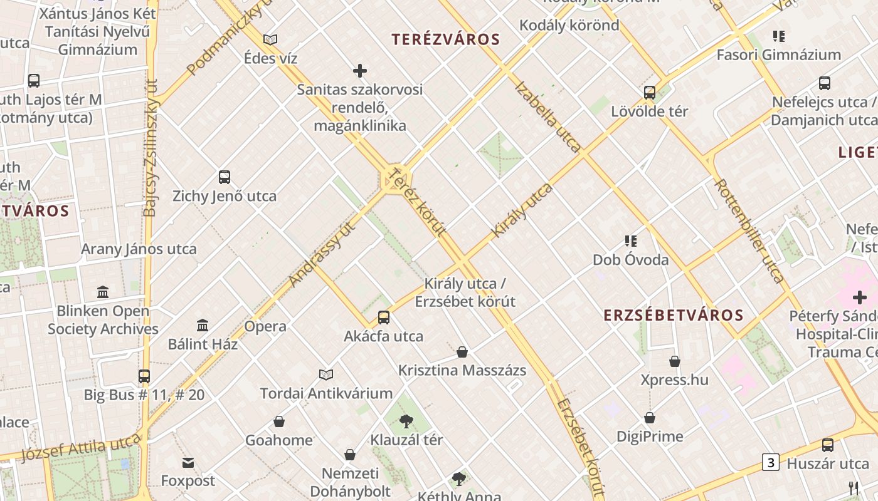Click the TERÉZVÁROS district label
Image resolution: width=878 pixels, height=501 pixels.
click(446, 39)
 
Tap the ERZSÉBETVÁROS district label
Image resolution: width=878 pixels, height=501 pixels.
click(674, 315)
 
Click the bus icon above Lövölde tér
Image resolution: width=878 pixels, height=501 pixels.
click(650, 93)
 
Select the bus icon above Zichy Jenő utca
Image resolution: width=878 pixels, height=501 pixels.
click(225, 177)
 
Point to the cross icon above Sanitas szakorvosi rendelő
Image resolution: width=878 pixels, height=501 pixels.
click(360, 70)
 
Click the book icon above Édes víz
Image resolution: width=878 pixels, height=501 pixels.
click(270, 39)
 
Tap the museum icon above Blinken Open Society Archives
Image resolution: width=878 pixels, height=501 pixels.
click(103, 292)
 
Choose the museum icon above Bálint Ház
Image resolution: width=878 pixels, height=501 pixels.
click(203, 325)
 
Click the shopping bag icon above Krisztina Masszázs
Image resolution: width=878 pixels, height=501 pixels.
click(462, 352)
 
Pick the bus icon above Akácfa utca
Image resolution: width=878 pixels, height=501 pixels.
click(384, 318)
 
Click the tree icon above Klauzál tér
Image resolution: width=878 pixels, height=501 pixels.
click(406, 421)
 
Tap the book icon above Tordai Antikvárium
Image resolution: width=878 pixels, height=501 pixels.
click(326, 375)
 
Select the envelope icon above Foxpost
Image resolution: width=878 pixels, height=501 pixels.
click(188, 463)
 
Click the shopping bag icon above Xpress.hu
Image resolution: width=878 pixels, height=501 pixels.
click(675, 361)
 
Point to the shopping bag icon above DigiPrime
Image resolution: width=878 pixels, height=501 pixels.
click(650, 418)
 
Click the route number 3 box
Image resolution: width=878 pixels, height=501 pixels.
click(770, 462)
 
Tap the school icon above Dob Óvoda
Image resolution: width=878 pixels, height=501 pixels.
click(631, 241)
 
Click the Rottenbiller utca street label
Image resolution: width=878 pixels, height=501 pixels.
click(749, 230)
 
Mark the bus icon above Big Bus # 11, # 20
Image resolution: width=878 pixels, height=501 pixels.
click(144, 376)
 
